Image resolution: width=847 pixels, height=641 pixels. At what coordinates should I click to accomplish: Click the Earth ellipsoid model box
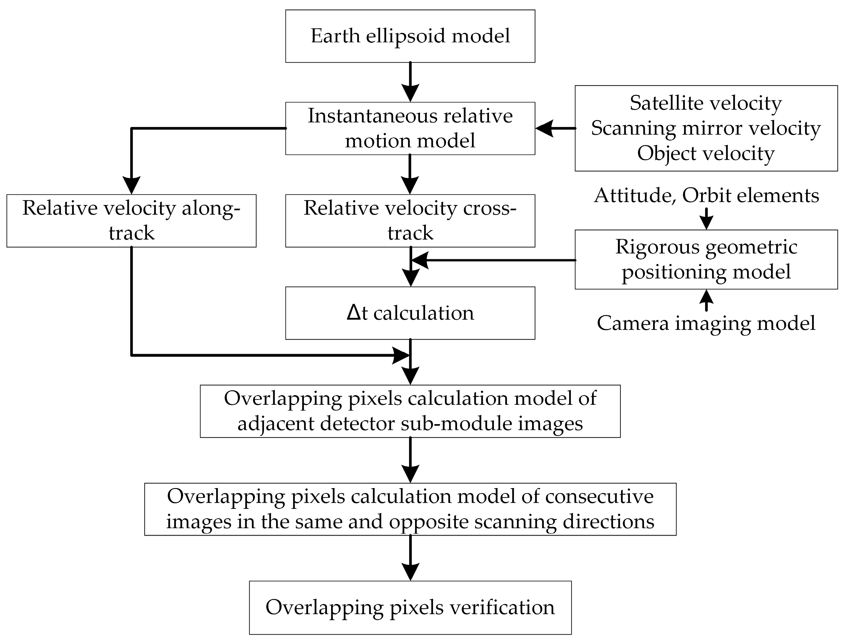[x=410, y=36]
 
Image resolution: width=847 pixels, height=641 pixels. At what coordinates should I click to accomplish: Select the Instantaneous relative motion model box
[x=410, y=128]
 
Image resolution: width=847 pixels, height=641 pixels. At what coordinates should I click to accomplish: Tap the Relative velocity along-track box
[x=131, y=220]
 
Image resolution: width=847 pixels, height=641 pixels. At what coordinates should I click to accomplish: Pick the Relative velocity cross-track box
[x=410, y=220]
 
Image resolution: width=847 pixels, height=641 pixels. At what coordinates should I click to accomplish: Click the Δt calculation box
[x=410, y=313]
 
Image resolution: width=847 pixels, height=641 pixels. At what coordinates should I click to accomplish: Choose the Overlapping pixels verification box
[x=410, y=607]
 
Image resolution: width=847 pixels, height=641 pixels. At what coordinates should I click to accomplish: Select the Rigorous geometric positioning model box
[x=706, y=259]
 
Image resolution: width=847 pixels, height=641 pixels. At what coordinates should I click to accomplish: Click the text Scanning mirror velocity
[x=706, y=128]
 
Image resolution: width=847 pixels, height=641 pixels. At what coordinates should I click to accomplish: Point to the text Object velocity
[x=706, y=153]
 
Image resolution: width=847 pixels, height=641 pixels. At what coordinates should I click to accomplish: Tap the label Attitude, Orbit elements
[x=706, y=195]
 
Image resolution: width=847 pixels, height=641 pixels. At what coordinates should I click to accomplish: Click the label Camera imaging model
[x=706, y=323]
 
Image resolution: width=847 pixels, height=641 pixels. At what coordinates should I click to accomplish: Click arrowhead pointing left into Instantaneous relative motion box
[x=544, y=128]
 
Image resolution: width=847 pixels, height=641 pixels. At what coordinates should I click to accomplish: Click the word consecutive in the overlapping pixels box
[x=599, y=496]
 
